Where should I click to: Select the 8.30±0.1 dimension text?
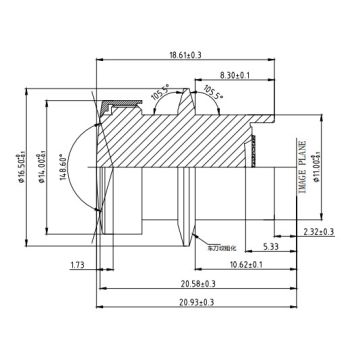click(x=237, y=75)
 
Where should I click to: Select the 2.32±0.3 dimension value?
click(x=319, y=233)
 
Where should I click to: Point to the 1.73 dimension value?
click(x=77, y=265)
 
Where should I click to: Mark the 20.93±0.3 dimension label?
click(x=197, y=303)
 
